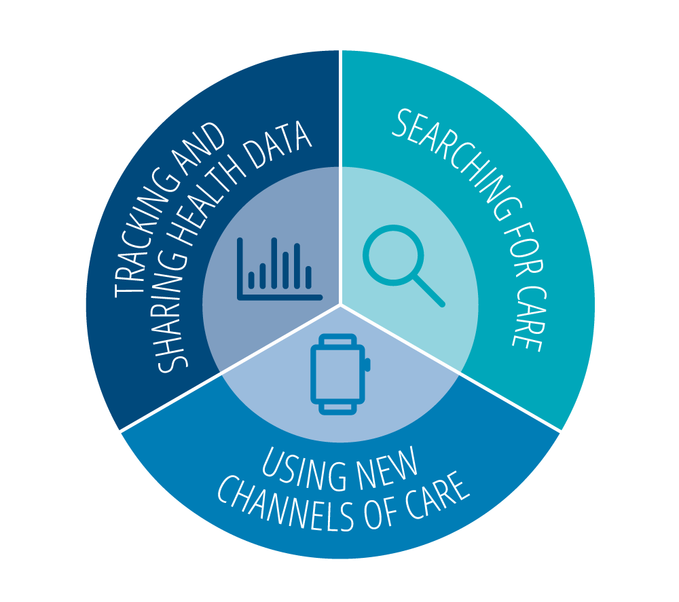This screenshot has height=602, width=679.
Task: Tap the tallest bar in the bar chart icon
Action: pos(274,263)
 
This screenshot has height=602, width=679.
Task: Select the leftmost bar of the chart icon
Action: pos(251,280)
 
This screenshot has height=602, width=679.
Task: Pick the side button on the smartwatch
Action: pos(367,365)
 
